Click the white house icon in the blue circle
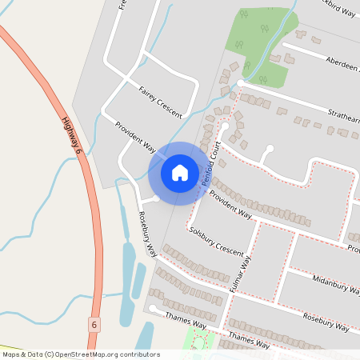[x=179, y=172]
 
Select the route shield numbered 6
[x=94, y=324]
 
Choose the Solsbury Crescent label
[x=216, y=240]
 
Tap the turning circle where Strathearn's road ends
[x=241, y=84]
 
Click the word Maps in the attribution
[x=11, y=354]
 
